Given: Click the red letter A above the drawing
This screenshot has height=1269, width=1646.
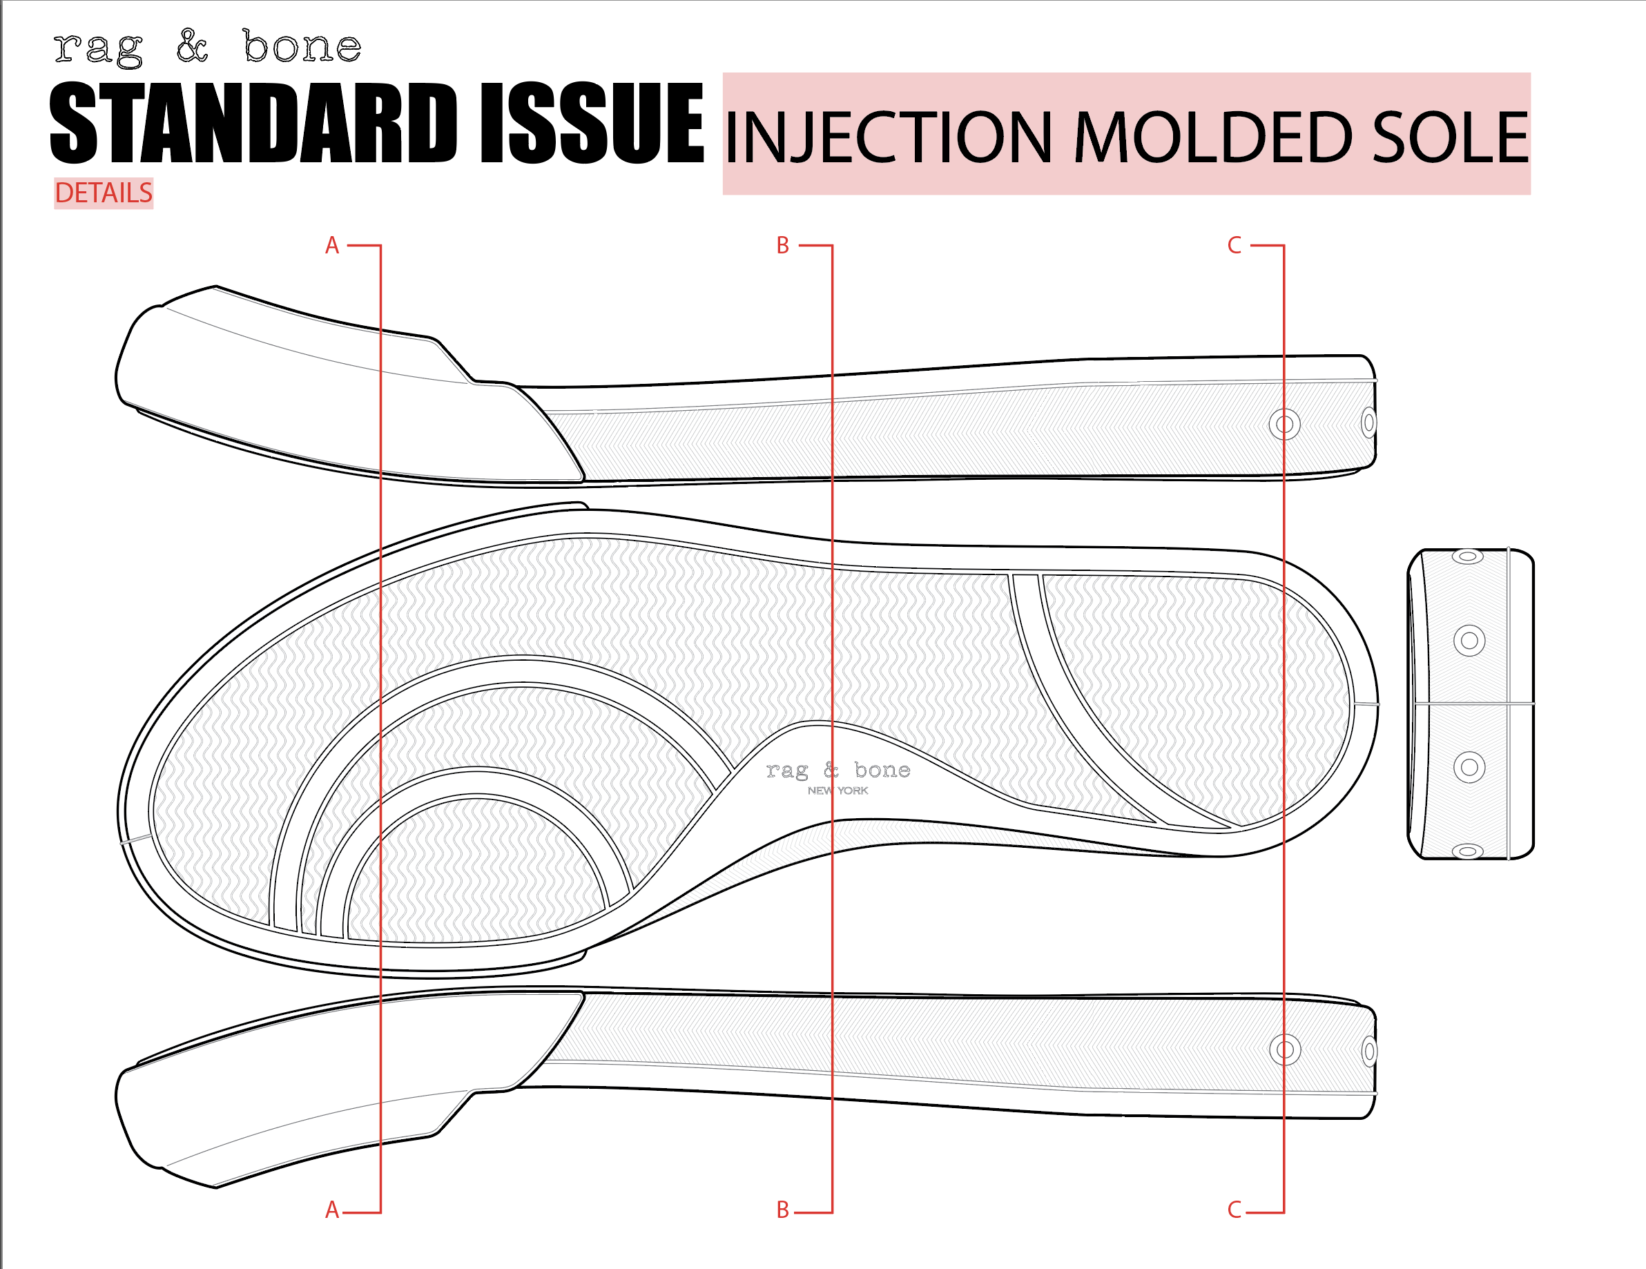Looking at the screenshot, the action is (x=331, y=246).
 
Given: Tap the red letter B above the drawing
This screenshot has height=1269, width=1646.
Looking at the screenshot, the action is (x=782, y=246).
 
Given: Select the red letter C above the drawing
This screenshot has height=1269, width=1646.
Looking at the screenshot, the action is (x=1234, y=246).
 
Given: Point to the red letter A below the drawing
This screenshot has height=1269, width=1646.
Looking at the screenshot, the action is (x=331, y=1210).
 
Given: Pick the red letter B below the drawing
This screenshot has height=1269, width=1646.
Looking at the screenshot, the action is (x=782, y=1210).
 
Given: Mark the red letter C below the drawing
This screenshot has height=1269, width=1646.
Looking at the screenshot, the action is (x=1234, y=1210).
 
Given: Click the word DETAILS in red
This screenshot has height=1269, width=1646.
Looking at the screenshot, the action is (x=104, y=194).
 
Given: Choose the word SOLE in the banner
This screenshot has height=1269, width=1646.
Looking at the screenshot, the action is (x=1450, y=137).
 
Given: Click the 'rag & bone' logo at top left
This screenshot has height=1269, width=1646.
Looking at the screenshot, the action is (x=207, y=48).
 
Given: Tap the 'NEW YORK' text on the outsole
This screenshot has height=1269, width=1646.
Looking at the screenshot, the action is (x=837, y=791).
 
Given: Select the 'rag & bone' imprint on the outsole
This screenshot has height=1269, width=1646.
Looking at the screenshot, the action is (x=837, y=770).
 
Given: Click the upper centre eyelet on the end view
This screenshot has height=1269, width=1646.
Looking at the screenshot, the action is (x=1469, y=641).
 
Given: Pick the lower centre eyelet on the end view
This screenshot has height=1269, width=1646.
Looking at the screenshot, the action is (x=1469, y=767).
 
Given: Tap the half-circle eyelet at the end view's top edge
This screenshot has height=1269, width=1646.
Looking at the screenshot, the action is (x=1467, y=558).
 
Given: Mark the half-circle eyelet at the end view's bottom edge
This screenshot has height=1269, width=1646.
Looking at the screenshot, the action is (x=1467, y=851).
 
